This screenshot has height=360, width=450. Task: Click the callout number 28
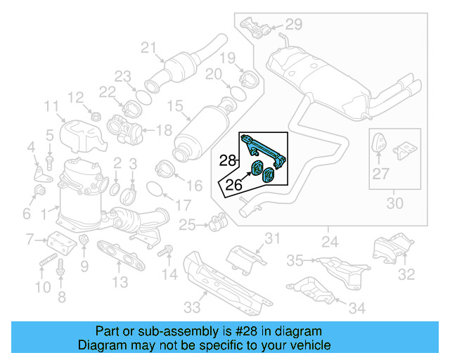pyautogui.click(x=226, y=161)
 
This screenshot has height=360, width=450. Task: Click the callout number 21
pyautogui.click(x=148, y=48)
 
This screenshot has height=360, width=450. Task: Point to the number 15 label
pyautogui.click(x=174, y=107)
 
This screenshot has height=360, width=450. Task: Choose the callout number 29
pyautogui.click(x=293, y=25)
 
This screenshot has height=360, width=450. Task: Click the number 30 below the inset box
pyautogui.click(x=395, y=204)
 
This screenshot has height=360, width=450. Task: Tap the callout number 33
pyautogui.click(x=192, y=307)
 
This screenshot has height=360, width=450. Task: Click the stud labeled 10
pyautogui.click(x=44, y=264)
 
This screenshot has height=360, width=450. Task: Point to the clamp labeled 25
pyautogui.click(x=217, y=225)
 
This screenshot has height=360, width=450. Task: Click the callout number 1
pyautogui.click(x=44, y=210)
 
